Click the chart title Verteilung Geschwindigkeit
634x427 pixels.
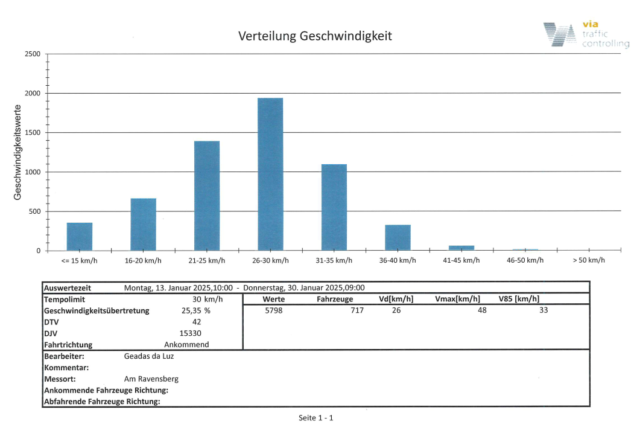315,36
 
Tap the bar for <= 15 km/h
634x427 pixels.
80,237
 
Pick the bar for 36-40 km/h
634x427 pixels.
398,238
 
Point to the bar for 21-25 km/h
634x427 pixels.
207,196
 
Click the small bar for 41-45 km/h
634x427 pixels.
461,248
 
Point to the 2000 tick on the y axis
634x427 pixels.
33,94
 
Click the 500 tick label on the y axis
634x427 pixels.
34,211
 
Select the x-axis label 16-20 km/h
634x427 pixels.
143,260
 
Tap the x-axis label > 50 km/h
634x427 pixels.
589,260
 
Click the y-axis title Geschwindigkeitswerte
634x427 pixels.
19,152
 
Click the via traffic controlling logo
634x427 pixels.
585,34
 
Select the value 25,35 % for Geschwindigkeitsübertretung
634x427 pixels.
197,310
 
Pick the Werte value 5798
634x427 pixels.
273,310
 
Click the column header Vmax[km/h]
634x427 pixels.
457,299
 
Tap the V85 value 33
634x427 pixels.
544,310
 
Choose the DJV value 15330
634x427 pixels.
191,333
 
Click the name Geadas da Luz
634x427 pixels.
149,356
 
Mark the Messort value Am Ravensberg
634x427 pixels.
151,379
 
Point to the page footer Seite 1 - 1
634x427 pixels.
316,418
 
